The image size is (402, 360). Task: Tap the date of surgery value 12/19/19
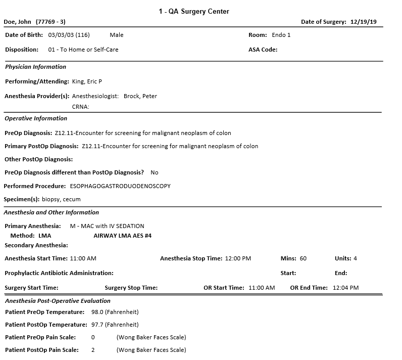click(x=366, y=22)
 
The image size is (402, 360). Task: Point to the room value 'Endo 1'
click(x=281, y=35)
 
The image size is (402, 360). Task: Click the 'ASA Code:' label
click(x=263, y=50)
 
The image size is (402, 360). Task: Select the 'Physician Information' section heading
click(x=35, y=67)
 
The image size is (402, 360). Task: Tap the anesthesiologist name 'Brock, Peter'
click(x=140, y=96)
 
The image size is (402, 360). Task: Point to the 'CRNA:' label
click(x=81, y=107)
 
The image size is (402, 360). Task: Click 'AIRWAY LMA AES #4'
click(x=123, y=236)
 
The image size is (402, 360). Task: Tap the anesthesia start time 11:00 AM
click(x=83, y=258)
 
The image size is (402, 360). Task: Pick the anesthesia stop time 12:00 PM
click(x=238, y=258)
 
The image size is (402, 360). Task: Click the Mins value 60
click(x=303, y=258)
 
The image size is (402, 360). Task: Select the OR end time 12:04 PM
click(x=346, y=288)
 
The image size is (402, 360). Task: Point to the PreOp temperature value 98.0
click(x=97, y=312)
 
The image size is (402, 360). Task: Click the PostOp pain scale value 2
click(x=93, y=350)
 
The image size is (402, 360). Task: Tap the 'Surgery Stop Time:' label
click(x=131, y=288)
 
